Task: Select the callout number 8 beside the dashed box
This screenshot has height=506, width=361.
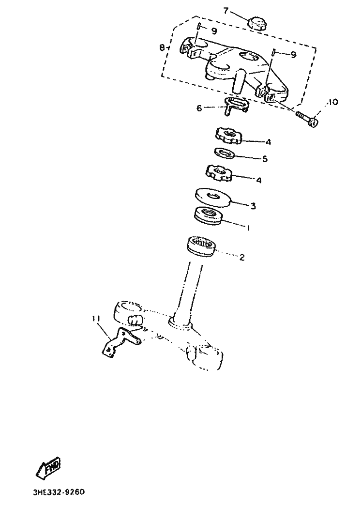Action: (x=162, y=47)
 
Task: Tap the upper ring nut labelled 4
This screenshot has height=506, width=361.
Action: (x=228, y=135)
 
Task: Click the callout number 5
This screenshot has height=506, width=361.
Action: (x=265, y=159)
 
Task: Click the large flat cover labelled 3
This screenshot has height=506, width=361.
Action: (x=213, y=196)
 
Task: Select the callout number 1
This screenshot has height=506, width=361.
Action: (x=248, y=227)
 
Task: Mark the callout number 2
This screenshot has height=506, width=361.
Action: (x=242, y=258)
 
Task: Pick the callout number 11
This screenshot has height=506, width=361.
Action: (x=95, y=318)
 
